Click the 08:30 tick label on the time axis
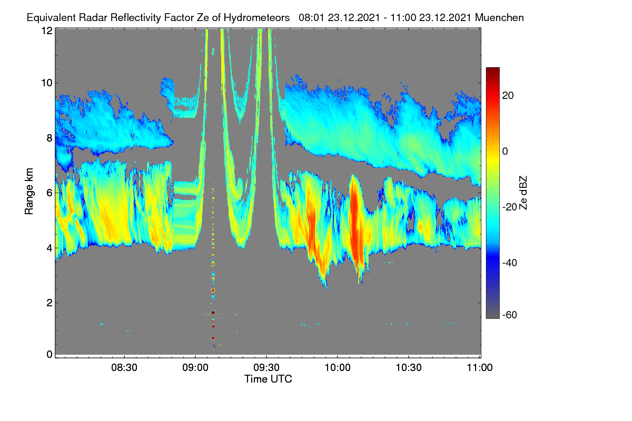coord(124,368)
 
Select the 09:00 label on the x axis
coord(195,368)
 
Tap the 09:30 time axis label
coord(266,368)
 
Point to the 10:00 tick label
coord(338,368)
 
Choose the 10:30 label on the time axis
coord(409,368)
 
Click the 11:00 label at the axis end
coord(480,368)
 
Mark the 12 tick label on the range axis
coord(47,31)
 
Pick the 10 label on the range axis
coord(47,83)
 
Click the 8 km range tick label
coord(50,138)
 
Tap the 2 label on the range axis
coord(50,303)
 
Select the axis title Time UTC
coord(268,379)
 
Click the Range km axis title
coord(29,192)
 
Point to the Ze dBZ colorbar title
coord(523,193)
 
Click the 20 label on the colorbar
coord(508,96)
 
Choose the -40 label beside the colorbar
coord(510,263)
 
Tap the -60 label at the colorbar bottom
coord(510,315)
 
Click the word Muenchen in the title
coord(499,17)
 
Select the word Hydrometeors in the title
coord(256,18)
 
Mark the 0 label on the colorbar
coord(505,151)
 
